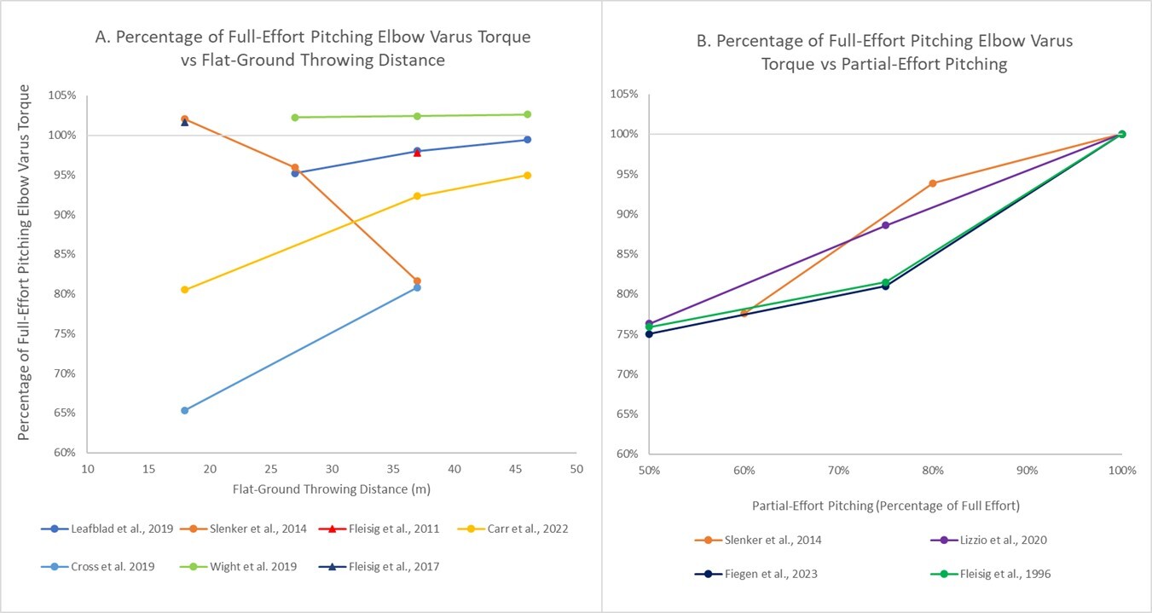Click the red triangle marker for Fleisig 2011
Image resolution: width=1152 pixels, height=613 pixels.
417,153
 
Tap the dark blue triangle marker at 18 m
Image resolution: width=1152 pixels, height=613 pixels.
185,122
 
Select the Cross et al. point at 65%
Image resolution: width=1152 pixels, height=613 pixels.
185,410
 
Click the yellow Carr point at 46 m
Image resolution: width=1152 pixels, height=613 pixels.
527,176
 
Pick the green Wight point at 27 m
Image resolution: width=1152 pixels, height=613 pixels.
295,118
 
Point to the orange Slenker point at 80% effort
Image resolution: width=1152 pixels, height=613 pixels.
933,183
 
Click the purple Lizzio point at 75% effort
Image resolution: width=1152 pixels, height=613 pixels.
885,225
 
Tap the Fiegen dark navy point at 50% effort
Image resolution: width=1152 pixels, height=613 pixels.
649,333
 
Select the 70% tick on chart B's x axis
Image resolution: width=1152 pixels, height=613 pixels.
838,471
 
